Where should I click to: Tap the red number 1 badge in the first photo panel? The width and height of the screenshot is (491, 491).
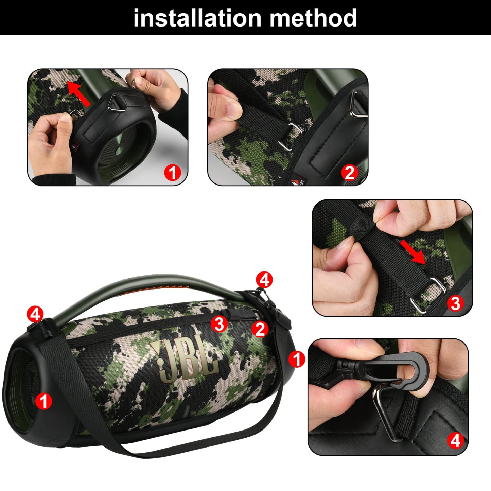tap(173, 173)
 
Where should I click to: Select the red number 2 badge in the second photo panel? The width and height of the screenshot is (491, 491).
tap(350, 173)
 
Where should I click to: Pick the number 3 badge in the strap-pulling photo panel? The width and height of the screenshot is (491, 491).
tap(455, 303)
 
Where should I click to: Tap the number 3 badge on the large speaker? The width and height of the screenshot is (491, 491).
tap(219, 324)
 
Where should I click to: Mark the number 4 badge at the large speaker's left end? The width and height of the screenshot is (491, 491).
tap(35, 314)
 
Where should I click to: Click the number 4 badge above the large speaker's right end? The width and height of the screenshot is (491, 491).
tap(264, 280)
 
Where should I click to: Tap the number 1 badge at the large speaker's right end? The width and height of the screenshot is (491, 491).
tap(297, 359)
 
